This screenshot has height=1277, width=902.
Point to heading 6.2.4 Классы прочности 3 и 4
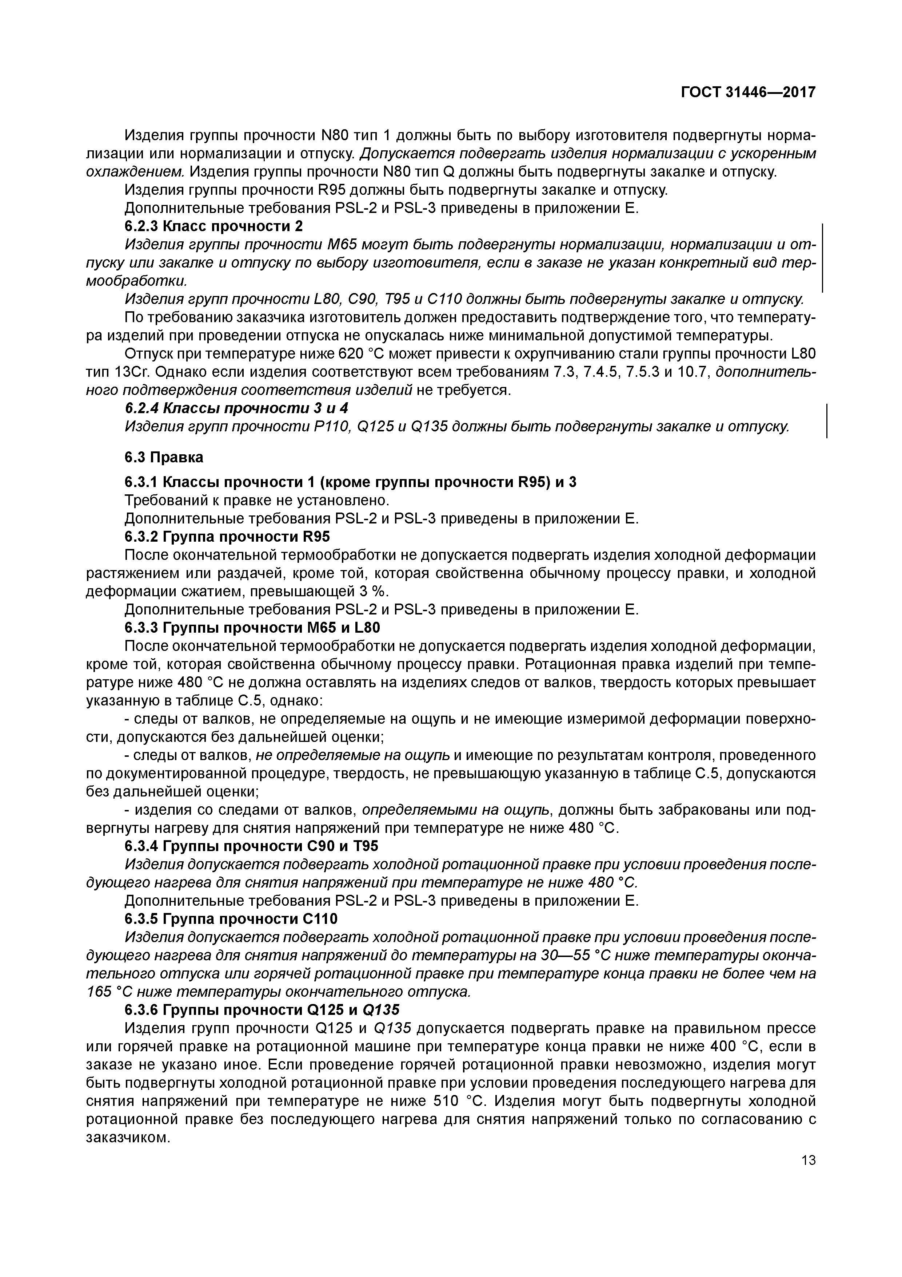(236, 408)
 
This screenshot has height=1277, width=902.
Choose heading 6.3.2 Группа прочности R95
(227, 537)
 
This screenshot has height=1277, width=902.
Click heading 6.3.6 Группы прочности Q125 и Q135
(262, 1009)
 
